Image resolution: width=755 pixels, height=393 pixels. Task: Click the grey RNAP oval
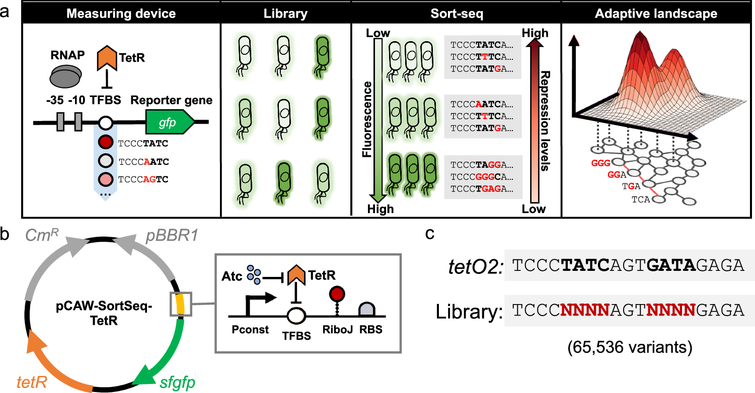click(x=66, y=78)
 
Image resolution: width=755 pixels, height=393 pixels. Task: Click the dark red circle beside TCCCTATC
click(x=105, y=143)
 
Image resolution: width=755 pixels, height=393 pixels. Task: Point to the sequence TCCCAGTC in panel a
click(x=142, y=178)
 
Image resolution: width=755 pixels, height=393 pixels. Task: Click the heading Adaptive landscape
click(x=656, y=14)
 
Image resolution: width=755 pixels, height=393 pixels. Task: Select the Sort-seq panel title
click(x=456, y=14)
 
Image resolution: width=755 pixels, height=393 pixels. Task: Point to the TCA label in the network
click(x=640, y=200)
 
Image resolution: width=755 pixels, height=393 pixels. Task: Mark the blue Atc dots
click(x=257, y=275)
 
